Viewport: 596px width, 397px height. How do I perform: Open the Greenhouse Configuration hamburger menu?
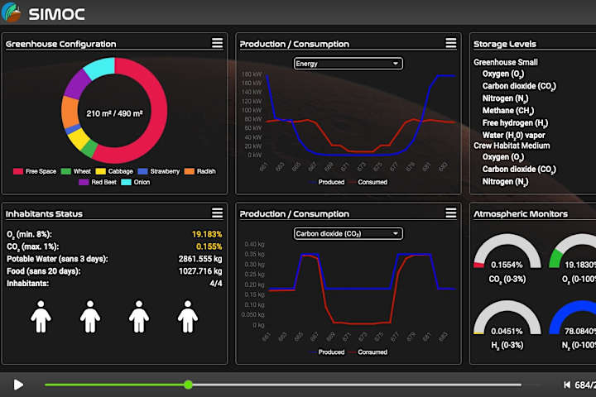tap(217, 43)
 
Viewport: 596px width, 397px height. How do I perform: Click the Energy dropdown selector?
tap(348, 64)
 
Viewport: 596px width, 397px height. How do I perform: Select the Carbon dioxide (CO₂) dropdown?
tap(348, 233)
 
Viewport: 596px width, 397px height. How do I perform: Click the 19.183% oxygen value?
tap(206, 234)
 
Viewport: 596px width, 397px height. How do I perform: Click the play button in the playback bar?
tap(18, 385)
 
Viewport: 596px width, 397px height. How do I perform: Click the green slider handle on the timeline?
tap(189, 385)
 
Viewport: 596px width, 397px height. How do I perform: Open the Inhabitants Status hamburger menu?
tap(217, 213)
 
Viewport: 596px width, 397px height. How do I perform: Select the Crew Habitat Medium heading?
tap(511, 146)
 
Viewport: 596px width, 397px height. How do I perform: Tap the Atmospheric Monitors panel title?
tap(520, 213)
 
